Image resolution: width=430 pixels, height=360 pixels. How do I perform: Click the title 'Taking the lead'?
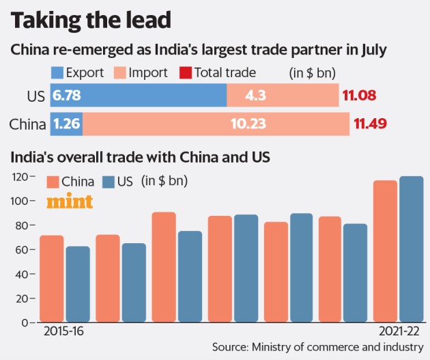pyautogui.click(x=91, y=21)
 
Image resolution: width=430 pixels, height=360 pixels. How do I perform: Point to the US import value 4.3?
pyautogui.click(x=282, y=96)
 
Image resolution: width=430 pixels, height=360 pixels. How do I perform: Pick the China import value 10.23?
pyautogui.click(x=215, y=124)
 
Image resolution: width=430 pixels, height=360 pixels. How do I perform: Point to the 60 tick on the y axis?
pyautogui.click(x=23, y=249)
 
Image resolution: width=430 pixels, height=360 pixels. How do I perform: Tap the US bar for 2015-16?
pyautogui.click(x=78, y=284)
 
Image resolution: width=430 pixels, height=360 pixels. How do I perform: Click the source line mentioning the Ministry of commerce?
pyautogui.click(x=317, y=347)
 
